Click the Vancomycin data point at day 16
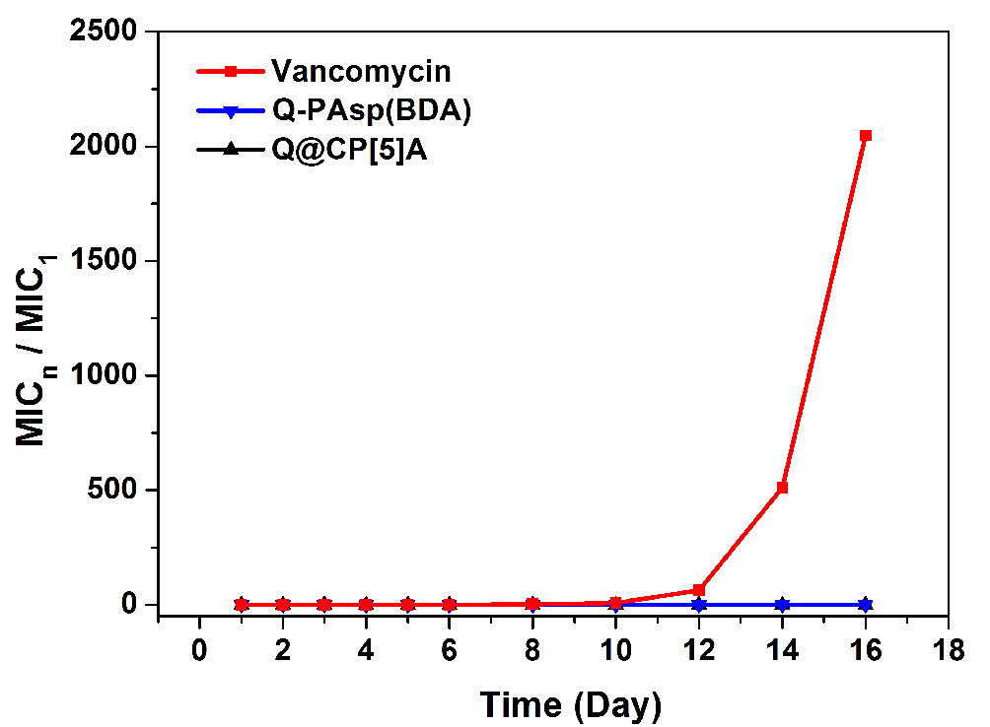[865, 136]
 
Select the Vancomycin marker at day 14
[782, 488]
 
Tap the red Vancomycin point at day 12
[699, 590]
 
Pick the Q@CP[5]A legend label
[349, 152]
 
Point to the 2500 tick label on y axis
[106, 33]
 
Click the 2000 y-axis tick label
[106, 147]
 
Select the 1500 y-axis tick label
[106, 261]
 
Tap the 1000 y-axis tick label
[106, 375]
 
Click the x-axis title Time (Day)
[571, 704]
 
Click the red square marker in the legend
[230, 71]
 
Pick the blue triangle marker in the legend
[230, 112]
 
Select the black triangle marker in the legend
[230, 151]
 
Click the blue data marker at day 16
[865, 604]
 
